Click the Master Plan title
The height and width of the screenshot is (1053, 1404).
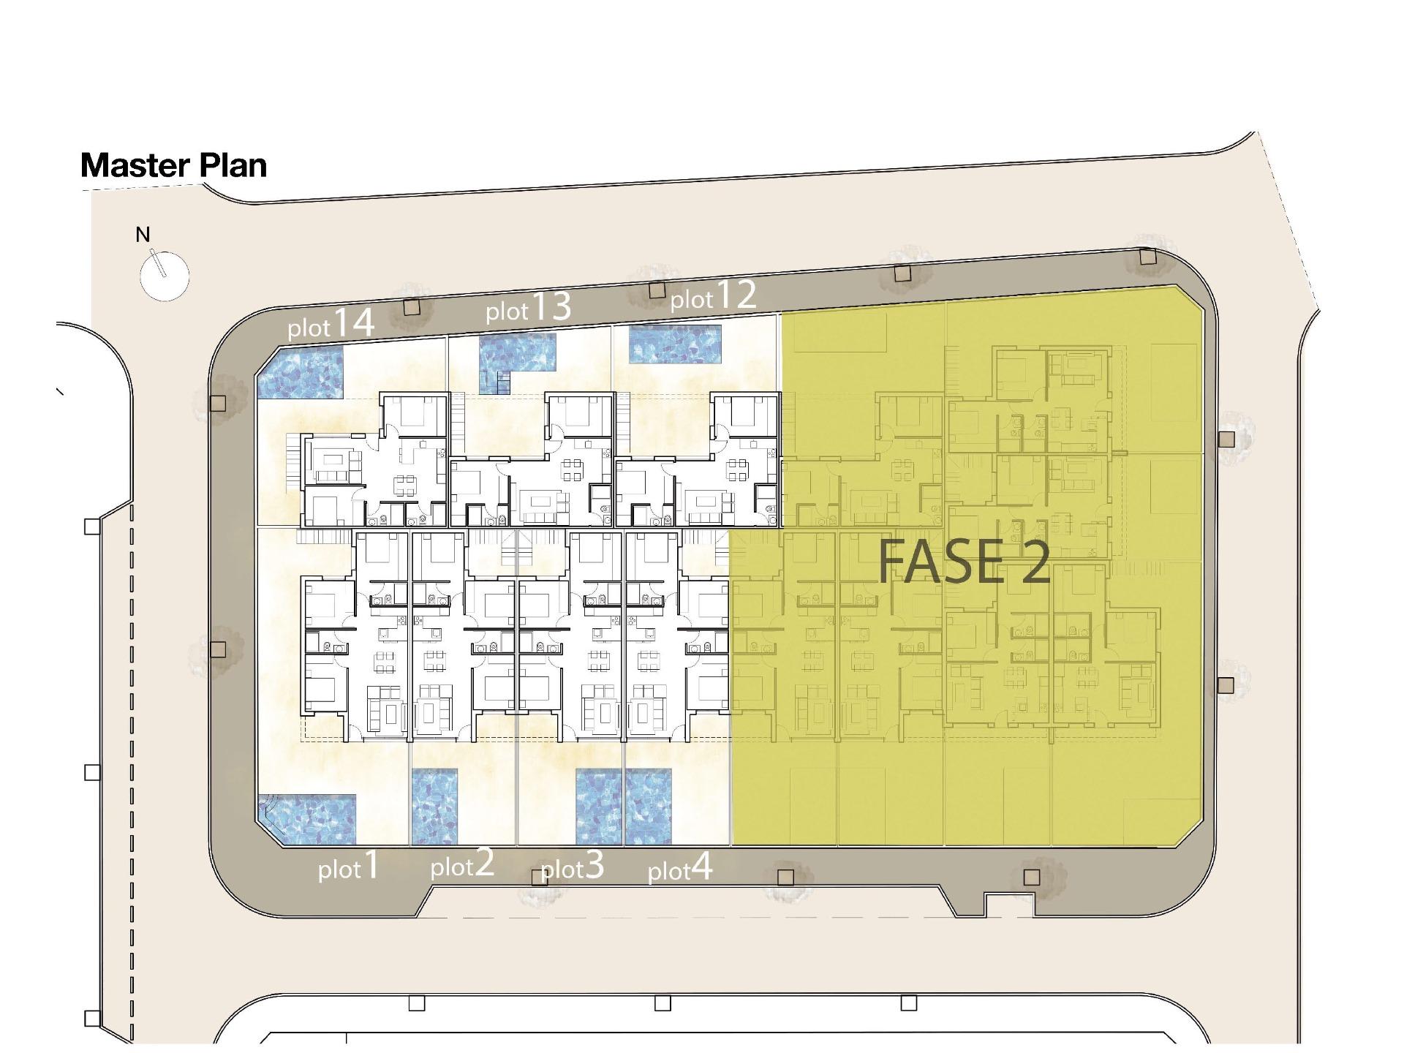(174, 165)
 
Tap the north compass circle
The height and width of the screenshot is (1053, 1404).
(165, 276)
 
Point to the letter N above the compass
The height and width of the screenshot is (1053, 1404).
(143, 235)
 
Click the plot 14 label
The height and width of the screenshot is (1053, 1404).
(331, 324)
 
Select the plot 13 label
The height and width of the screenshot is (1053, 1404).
(528, 308)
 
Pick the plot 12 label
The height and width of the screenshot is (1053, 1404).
(713, 296)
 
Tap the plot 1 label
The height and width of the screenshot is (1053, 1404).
(349, 867)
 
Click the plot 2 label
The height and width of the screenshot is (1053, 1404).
(462, 864)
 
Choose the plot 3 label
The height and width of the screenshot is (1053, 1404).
(572, 867)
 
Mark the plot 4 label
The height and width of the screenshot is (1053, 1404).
(680, 869)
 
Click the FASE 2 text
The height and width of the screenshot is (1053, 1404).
(964, 562)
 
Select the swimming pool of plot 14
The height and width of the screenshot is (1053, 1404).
(300, 373)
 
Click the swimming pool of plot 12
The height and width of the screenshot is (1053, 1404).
(675, 344)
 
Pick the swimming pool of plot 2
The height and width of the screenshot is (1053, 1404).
(434, 806)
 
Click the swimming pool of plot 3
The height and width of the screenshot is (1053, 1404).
(598, 806)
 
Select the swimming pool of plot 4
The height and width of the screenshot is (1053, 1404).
(648, 806)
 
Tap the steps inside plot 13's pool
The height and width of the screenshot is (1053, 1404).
(503, 382)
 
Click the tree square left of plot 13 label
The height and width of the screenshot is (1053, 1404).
(412, 307)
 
